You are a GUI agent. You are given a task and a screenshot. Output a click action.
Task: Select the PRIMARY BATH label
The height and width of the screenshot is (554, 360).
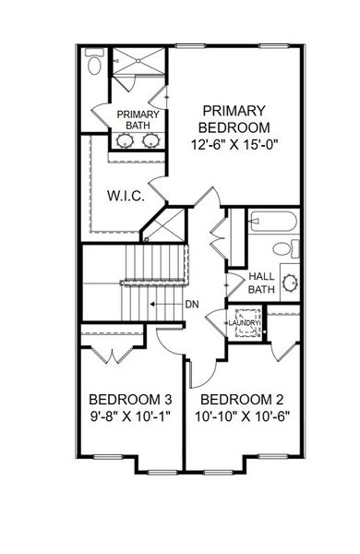138,120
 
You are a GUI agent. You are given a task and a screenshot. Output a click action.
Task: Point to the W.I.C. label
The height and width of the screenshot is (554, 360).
124,197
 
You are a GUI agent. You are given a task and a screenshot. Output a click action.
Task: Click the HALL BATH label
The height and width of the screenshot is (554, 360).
261,283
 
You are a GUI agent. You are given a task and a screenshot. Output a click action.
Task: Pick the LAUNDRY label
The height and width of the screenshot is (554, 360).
246,322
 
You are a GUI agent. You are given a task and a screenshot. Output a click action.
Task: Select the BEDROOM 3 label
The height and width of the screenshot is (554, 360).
130,400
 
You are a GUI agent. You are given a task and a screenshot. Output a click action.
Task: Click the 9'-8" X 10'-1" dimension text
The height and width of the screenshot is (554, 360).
130,417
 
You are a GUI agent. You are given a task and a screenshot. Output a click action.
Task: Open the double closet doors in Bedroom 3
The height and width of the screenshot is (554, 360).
110,352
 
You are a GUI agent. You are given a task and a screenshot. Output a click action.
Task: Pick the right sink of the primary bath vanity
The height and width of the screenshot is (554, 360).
151,142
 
